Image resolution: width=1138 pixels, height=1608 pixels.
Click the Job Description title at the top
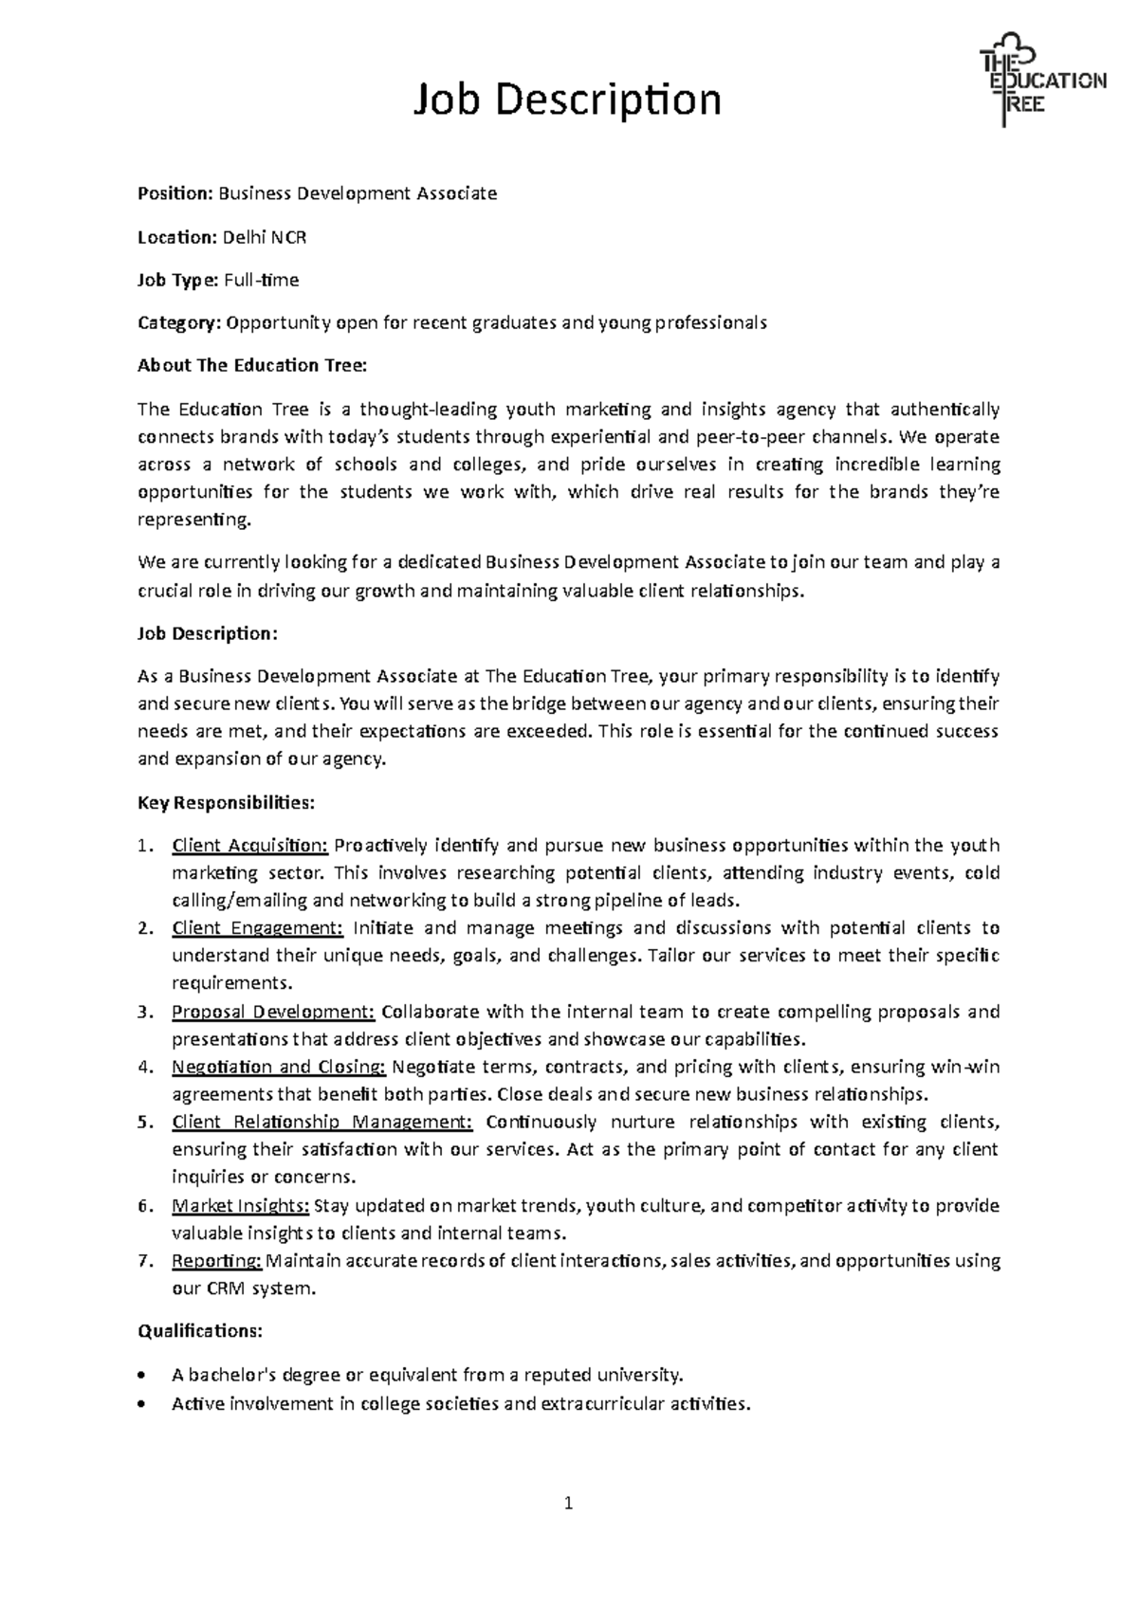(x=566, y=100)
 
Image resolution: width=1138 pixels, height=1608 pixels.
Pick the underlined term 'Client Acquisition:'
(x=249, y=845)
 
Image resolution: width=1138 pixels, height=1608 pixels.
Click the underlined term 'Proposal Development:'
(x=273, y=1012)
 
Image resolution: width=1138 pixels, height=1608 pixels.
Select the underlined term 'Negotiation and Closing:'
(x=278, y=1067)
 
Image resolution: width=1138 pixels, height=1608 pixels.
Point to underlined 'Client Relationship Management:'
(x=321, y=1122)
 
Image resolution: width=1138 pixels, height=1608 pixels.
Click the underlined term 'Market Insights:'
(x=240, y=1206)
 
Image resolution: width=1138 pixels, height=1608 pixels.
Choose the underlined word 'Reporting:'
(x=216, y=1261)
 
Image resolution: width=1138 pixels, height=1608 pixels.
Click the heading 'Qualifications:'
(x=199, y=1331)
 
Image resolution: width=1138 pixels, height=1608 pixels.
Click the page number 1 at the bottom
(x=568, y=1503)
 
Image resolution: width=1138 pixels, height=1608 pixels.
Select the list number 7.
(x=144, y=1261)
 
